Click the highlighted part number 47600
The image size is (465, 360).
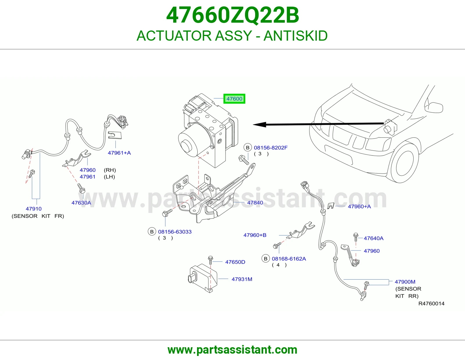pos(234,99)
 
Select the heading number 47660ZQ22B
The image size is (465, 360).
pos(233,15)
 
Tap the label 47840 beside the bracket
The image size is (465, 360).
pos(255,202)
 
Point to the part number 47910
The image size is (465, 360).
pos(34,209)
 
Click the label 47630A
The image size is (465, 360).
pos(81,203)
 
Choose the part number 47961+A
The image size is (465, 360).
pos(119,153)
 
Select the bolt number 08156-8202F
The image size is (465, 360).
pos(271,148)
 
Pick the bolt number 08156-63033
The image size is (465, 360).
pos(175,232)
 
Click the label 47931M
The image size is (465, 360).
pos(242,279)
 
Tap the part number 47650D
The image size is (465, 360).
pos(235,262)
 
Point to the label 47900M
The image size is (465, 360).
pos(405,282)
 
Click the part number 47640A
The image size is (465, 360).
pos(374,238)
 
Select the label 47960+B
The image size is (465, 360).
pos(255,235)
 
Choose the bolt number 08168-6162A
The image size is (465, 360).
pos(289,259)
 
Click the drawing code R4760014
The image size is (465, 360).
pos(431,304)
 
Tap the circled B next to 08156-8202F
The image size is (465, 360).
pos(248,147)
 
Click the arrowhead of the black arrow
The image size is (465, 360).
pos(259,125)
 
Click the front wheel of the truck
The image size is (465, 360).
pos(404,163)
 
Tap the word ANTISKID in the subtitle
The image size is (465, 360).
pos(296,36)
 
